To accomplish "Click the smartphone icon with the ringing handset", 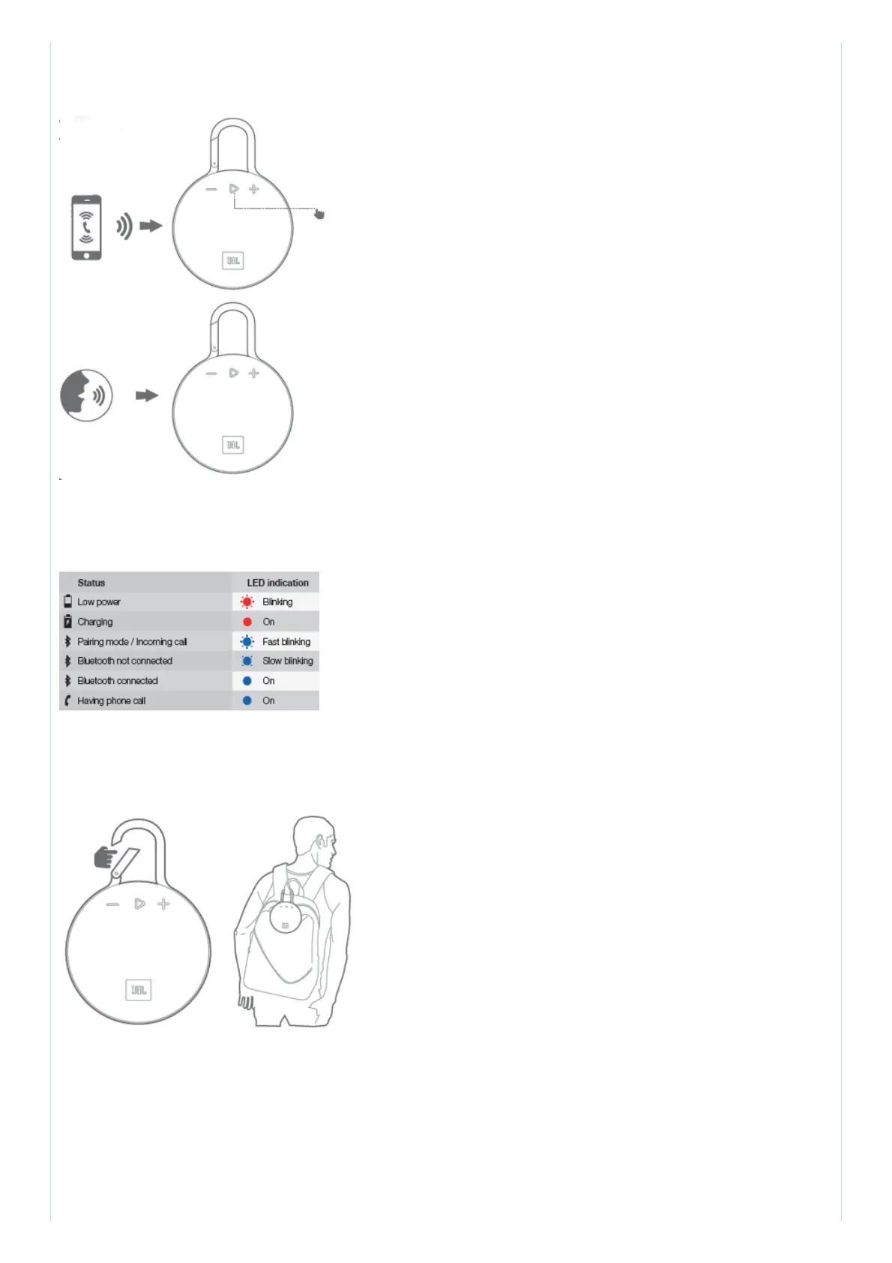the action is (x=86, y=227).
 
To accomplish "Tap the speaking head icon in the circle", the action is (x=86, y=395).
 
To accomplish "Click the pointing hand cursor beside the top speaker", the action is (x=319, y=214).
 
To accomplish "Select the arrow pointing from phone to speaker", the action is (x=151, y=226).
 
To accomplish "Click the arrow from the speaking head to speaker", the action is (x=147, y=395).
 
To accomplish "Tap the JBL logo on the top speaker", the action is (x=232, y=261).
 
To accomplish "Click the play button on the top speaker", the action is (x=234, y=189).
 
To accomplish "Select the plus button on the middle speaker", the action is (x=254, y=373).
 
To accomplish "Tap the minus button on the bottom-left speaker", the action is (x=112, y=904).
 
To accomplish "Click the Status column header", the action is (x=91, y=583).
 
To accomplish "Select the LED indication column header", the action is (x=277, y=583).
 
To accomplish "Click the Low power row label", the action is (x=99, y=602).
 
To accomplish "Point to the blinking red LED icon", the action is (x=247, y=601).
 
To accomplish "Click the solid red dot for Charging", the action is (x=247, y=622).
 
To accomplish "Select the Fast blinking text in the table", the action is (x=286, y=642).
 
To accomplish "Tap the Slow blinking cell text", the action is (x=288, y=661).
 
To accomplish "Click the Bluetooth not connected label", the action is (x=124, y=661).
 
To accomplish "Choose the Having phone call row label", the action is (x=111, y=701).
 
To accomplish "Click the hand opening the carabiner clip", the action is (x=106, y=856).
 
